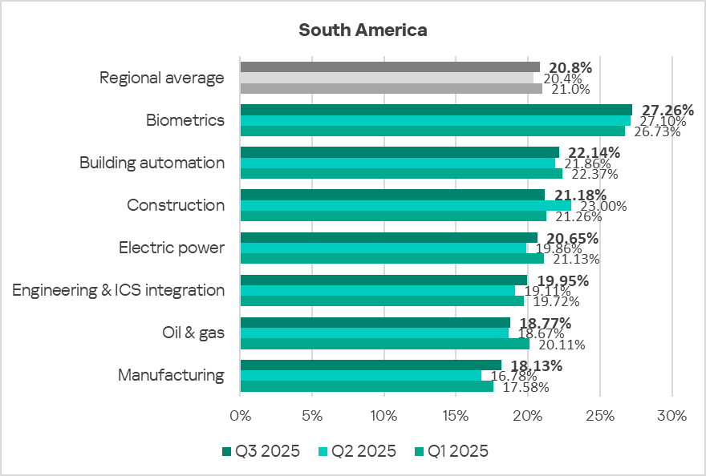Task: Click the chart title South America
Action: pos(363,30)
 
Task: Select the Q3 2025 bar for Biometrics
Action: pos(436,110)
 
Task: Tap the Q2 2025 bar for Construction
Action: pos(405,205)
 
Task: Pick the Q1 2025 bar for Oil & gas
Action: pos(384,344)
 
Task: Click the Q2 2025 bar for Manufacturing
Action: pos(360,375)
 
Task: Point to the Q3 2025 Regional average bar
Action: pos(390,67)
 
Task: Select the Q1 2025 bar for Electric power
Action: pos(392,258)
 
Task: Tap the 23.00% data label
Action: pos(603,206)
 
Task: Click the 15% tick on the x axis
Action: pos(456,416)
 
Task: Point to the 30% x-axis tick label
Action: pos(672,416)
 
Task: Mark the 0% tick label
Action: pos(240,416)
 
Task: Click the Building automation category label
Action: pos(152,163)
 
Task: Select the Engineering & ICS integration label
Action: pos(119,290)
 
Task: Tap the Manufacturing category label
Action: pos(171,375)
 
